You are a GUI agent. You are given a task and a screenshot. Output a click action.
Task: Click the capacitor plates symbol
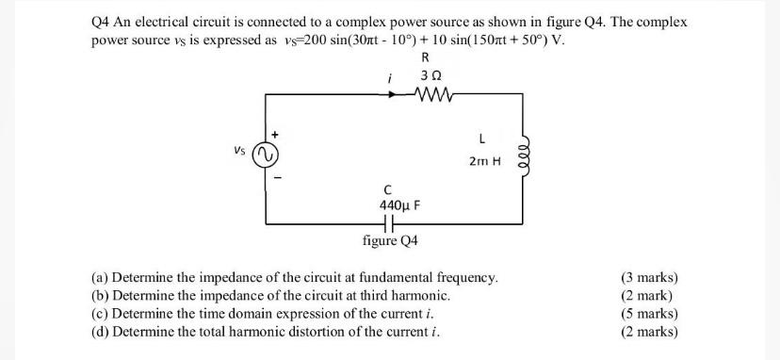click(389, 223)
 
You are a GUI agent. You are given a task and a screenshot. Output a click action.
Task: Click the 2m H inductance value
click(485, 161)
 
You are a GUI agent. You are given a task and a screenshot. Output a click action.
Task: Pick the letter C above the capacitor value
click(387, 188)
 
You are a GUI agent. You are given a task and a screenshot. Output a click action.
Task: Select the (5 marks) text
click(649, 314)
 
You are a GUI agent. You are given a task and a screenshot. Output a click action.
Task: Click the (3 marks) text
click(649, 278)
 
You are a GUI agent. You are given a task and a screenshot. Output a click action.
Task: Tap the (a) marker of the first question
click(100, 278)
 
